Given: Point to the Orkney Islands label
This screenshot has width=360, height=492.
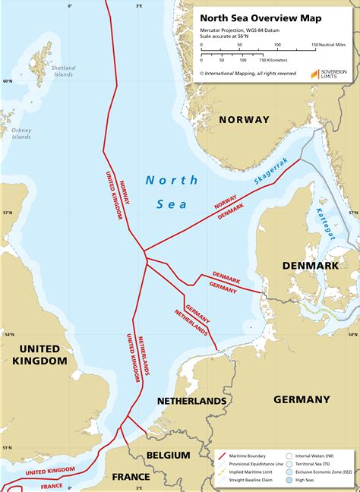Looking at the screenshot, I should (x=21, y=134).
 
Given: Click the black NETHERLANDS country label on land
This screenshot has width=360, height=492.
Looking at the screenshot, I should (x=191, y=400).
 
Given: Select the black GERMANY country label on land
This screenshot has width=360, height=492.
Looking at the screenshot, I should (x=302, y=399).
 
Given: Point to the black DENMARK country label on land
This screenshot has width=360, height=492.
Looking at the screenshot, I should (x=310, y=266).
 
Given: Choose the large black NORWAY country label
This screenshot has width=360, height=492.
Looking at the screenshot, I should (x=244, y=120).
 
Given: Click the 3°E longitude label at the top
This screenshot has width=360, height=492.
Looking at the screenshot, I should (x=139, y=5).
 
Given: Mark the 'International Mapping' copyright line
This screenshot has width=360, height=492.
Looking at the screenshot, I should (x=248, y=74).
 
